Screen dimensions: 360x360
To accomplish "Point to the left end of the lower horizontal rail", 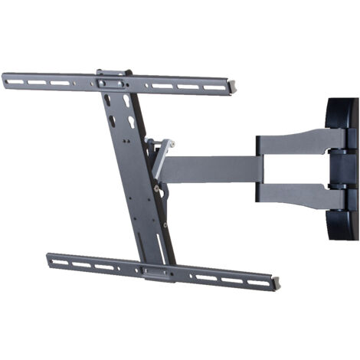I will coord(48,257).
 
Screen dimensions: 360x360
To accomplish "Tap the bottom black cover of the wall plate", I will coord(343,226).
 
